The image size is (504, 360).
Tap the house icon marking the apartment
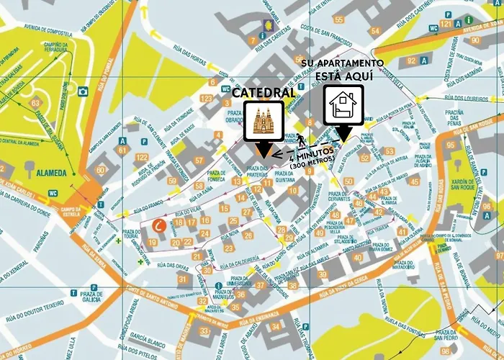[x=342, y=106]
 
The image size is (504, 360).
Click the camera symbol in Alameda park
[x=83, y=91]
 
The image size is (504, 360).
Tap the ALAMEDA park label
[x=46, y=173]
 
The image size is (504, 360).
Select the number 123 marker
[x=207, y=99]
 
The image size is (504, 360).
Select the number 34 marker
[x=277, y=328]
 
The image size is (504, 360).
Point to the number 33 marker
[x=204, y=331]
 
